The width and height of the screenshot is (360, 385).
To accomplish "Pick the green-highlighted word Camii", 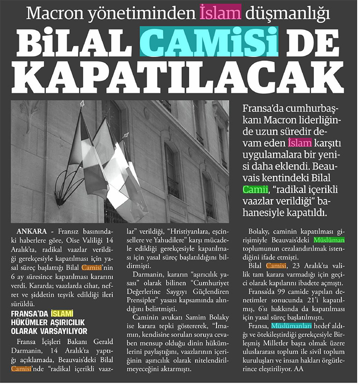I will [x=256, y=190].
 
